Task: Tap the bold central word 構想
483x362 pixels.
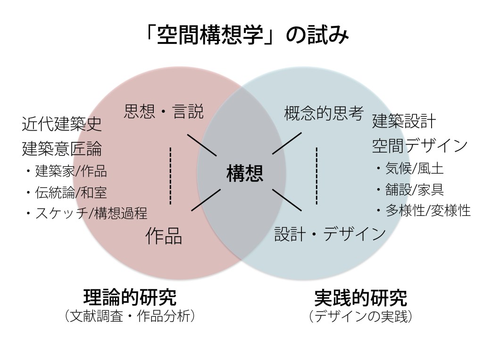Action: (x=245, y=174)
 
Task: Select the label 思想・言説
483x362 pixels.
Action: (x=164, y=112)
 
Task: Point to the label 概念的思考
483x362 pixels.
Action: (x=324, y=113)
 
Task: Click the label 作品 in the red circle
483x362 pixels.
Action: (x=164, y=236)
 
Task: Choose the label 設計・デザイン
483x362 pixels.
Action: (x=330, y=234)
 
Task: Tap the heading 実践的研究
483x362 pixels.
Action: (x=360, y=297)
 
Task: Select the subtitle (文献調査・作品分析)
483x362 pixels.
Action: (x=130, y=316)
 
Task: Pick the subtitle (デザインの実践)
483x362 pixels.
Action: (x=360, y=316)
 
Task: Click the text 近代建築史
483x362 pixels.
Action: (x=62, y=125)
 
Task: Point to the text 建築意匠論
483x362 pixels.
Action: (x=62, y=149)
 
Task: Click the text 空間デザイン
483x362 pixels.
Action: (x=420, y=146)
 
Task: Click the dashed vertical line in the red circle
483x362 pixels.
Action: (x=170, y=175)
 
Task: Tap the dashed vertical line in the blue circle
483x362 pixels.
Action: (x=316, y=175)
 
